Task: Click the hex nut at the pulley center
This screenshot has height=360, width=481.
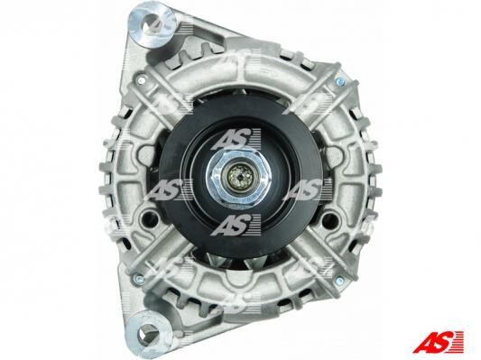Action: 237,177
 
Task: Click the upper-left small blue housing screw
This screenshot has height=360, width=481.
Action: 142,80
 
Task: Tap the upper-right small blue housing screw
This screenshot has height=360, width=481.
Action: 340,81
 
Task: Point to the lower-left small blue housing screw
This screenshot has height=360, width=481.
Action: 140,279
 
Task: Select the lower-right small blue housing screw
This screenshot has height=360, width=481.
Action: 339,280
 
